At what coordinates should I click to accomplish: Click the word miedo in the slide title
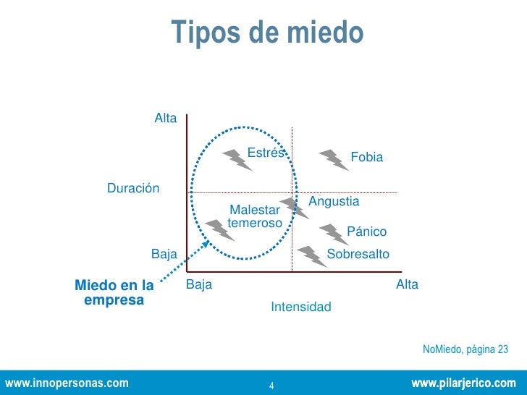(x=326, y=33)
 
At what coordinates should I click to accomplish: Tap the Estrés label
(x=266, y=153)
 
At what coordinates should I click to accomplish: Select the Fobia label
(x=366, y=158)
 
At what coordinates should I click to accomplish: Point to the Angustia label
(x=334, y=201)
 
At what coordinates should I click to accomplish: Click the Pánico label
(x=367, y=232)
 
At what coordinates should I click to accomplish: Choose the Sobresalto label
(x=358, y=255)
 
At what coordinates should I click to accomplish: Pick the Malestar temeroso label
(x=254, y=216)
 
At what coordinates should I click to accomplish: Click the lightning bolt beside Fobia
(x=334, y=159)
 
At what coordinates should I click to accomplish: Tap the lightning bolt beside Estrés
(x=237, y=159)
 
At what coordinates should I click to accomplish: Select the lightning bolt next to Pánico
(x=334, y=234)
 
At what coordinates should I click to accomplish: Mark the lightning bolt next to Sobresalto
(x=312, y=255)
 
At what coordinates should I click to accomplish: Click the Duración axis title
(x=133, y=188)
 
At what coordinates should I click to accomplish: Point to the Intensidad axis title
(x=301, y=307)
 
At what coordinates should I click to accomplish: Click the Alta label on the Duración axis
(x=166, y=118)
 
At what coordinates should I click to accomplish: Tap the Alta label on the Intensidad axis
(x=408, y=285)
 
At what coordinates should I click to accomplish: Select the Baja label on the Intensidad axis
(x=199, y=285)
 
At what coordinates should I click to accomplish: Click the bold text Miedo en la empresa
(x=114, y=292)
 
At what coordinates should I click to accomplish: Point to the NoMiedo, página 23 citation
(x=465, y=350)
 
